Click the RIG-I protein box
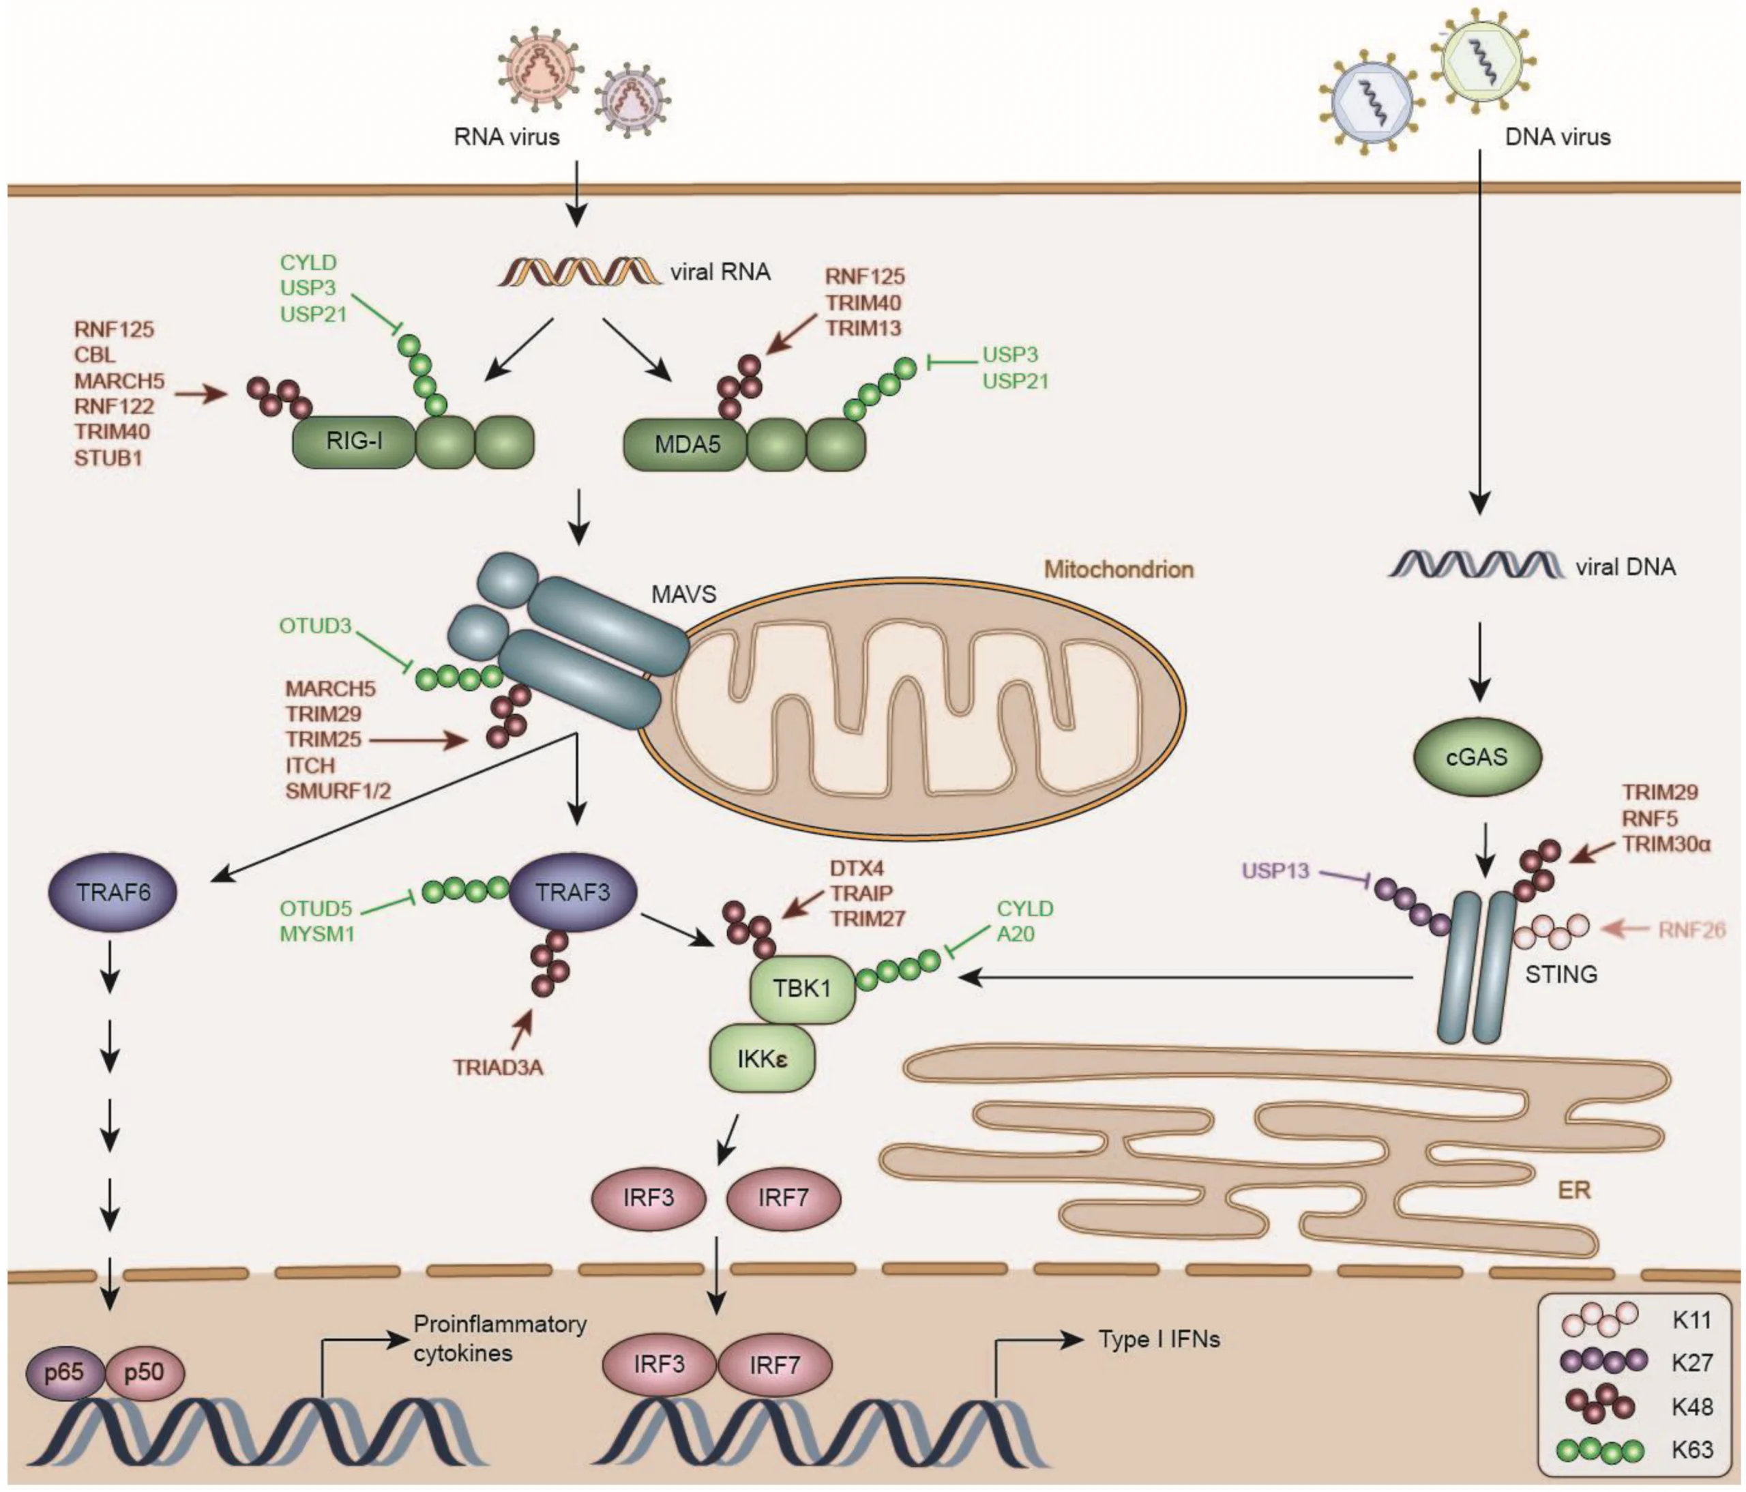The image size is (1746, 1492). [x=354, y=441]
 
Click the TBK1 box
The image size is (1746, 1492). [x=802, y=989]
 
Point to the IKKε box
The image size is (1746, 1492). [x=763, y=1059]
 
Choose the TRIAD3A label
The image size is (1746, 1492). [x=498, y=1068]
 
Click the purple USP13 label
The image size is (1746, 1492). [x=1276, y=870]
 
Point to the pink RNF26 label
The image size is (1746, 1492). [x=1691, y=930]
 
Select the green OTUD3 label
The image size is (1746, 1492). [x=315, y=626]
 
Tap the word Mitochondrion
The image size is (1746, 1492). [x=1119, y=569]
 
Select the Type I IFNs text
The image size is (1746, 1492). [x=1159, y=1339]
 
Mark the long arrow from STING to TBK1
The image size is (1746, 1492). [x=1188, y=978]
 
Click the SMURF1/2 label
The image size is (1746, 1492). [x=338, y=791]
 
